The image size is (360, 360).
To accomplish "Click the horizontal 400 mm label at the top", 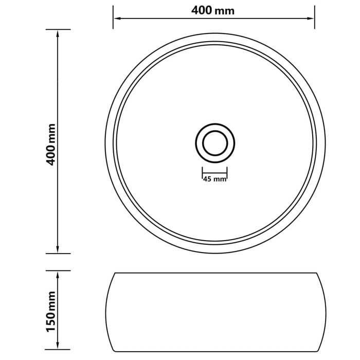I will tap(213, 10).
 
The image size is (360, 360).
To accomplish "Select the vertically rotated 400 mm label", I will tap(51, 145).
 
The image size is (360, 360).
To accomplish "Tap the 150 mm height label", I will tap(51, 312).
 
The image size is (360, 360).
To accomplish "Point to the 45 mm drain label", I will tap(214, 179).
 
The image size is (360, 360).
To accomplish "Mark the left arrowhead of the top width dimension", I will tap(117, 19).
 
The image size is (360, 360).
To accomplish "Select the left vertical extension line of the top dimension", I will tap(113, 15).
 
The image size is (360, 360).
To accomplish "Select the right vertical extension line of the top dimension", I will tap(314, 15).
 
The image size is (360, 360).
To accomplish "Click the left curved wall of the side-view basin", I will tap(106, 309).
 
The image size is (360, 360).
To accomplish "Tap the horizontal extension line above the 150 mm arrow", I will tap(57, 271).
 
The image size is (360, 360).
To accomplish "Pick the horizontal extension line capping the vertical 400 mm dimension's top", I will tap(57, 29).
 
